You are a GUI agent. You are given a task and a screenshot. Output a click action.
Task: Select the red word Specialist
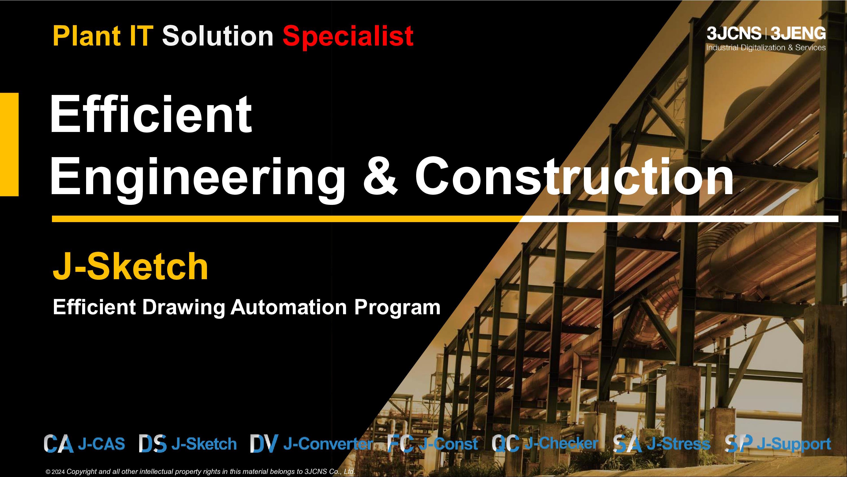point(348,37)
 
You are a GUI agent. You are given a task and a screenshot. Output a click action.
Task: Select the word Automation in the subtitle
point(289,307)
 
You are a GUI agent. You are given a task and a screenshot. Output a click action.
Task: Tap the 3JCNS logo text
point(734,33)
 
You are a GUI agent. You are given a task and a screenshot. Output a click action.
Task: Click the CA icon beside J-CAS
point(58,443)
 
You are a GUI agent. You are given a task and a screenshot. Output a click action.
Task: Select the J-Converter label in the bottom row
point(328,443)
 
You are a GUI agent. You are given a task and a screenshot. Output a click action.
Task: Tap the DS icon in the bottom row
point(152,443)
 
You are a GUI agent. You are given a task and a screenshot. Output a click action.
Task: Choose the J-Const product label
point(449,444)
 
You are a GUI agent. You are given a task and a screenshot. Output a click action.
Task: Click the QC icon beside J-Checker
point(505,443)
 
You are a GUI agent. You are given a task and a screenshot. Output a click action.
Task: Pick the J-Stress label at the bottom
point(679,443)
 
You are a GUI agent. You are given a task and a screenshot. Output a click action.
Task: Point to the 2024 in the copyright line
point(58,472)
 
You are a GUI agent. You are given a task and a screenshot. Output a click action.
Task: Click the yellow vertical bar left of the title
point(9,144)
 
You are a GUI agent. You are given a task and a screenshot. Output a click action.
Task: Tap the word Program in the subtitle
point(397,307)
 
